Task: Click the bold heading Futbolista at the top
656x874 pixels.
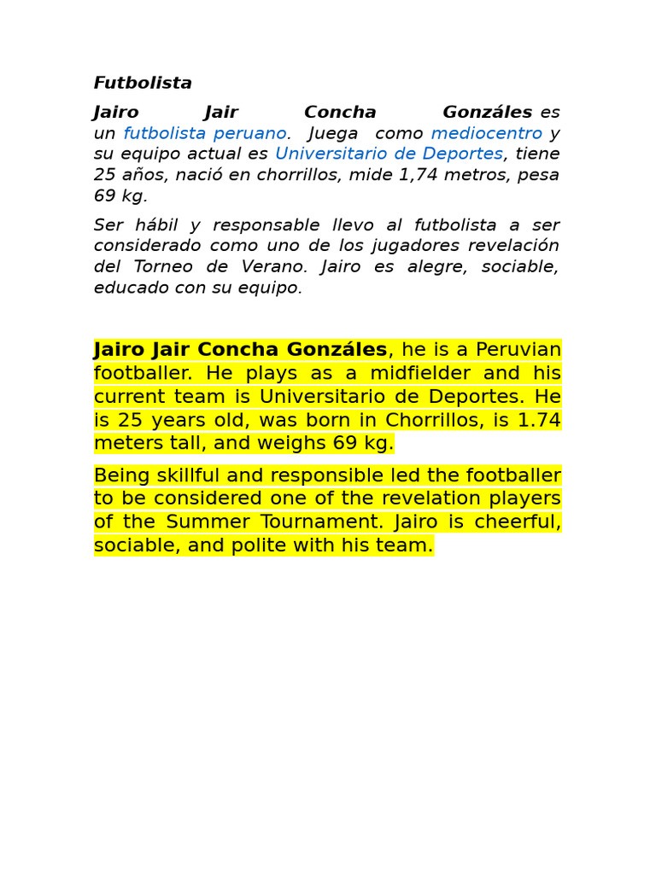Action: tap(143, 83)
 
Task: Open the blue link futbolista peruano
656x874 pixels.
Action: tap(205, 133)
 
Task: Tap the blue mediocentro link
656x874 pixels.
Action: tap(486, 133)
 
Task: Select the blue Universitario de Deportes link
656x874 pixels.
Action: tap(389, 154)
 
